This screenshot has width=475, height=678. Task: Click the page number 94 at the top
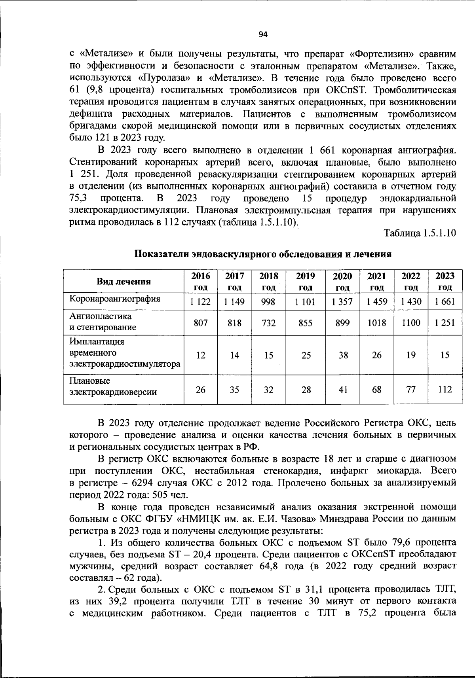coord(263,35)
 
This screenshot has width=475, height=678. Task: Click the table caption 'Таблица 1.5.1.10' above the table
coord(420,233)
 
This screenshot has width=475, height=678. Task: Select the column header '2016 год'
coord(201,281)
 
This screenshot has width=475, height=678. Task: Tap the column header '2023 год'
coord(445,281)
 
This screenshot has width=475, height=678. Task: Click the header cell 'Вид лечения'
coord(123,282)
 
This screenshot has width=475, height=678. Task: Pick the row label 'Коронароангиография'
coord(115,299)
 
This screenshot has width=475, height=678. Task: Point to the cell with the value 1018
coord(376,323)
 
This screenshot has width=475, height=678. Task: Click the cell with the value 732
coord(269,323)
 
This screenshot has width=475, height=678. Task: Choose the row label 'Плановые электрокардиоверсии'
coord(113,386)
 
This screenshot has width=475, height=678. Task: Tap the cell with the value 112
coord(445,390)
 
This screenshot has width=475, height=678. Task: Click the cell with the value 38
coord(343,355)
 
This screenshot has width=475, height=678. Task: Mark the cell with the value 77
coord(411,390)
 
